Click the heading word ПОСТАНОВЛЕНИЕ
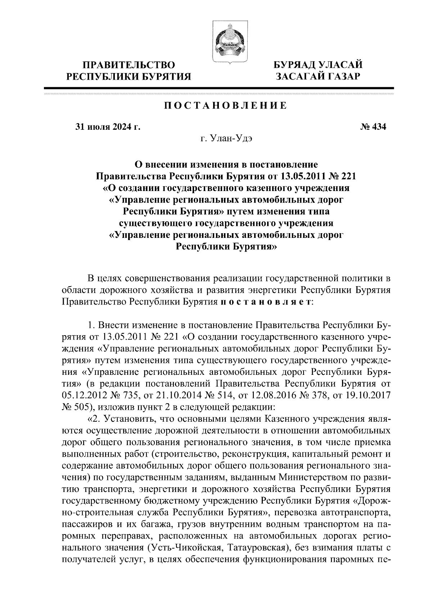[226, 106]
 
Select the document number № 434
[373, 127]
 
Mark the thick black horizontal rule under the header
[219, 88]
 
